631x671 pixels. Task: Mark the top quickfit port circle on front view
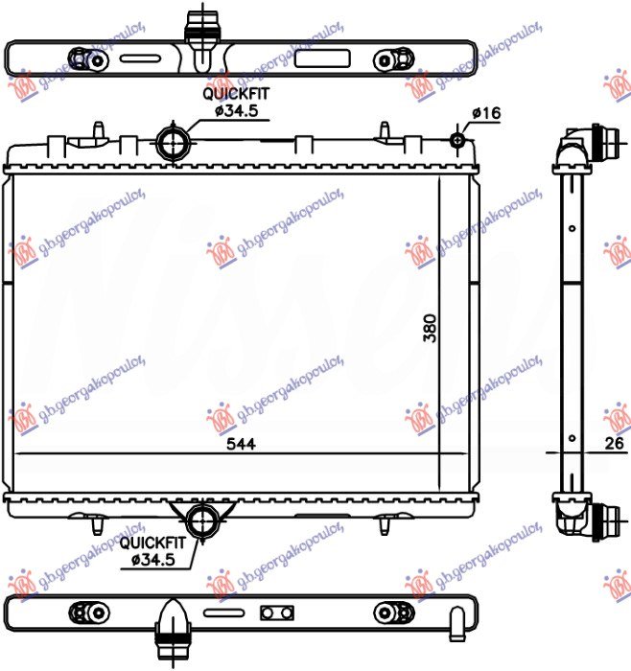(174, 143)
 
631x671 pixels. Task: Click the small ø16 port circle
(458, 142)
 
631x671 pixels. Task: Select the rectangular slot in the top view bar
(313, 57)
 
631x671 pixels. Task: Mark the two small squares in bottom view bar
(276, 612)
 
